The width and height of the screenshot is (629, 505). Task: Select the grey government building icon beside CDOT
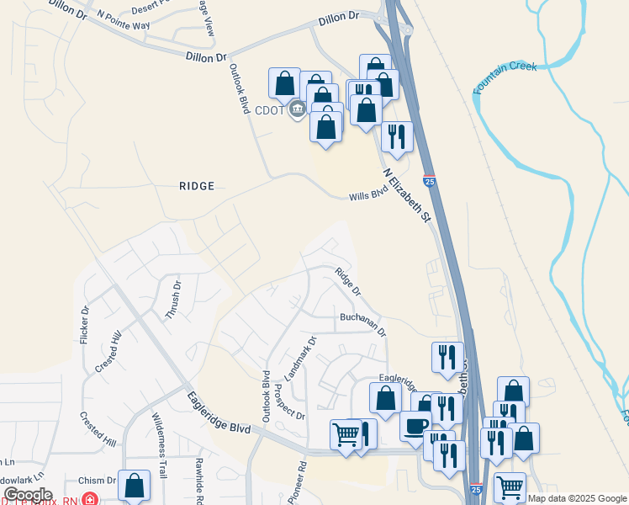pos(297,109)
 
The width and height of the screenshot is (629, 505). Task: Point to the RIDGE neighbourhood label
pos(196,186)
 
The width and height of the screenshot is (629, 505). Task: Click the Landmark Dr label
pos(299,359)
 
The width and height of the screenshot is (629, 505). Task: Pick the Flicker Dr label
pos(85,324)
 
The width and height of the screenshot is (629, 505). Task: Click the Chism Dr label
pos(98,481)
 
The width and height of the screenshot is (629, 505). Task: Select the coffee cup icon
pos(415,426)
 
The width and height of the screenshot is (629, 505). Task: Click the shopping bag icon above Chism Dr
pos(135,485)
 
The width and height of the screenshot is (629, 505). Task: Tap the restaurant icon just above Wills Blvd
pos(396,136)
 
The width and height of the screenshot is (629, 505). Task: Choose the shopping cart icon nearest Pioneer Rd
pos(346,434)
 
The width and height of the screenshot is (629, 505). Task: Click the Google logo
pos(28,495)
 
